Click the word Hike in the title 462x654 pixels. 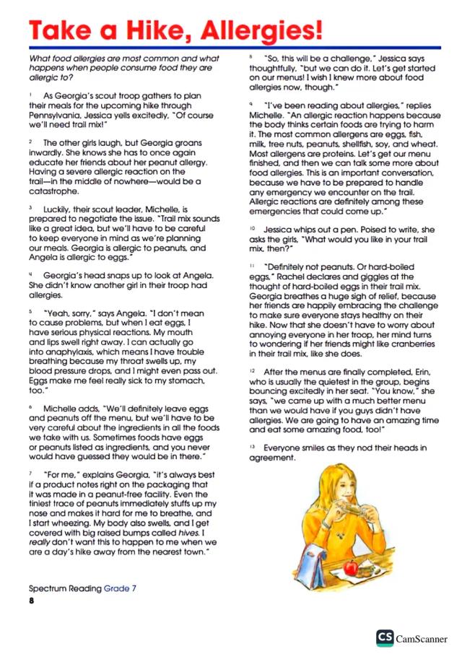click(158, 30)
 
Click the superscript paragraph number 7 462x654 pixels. click(31, 473)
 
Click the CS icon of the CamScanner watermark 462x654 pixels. click(383, 638)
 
